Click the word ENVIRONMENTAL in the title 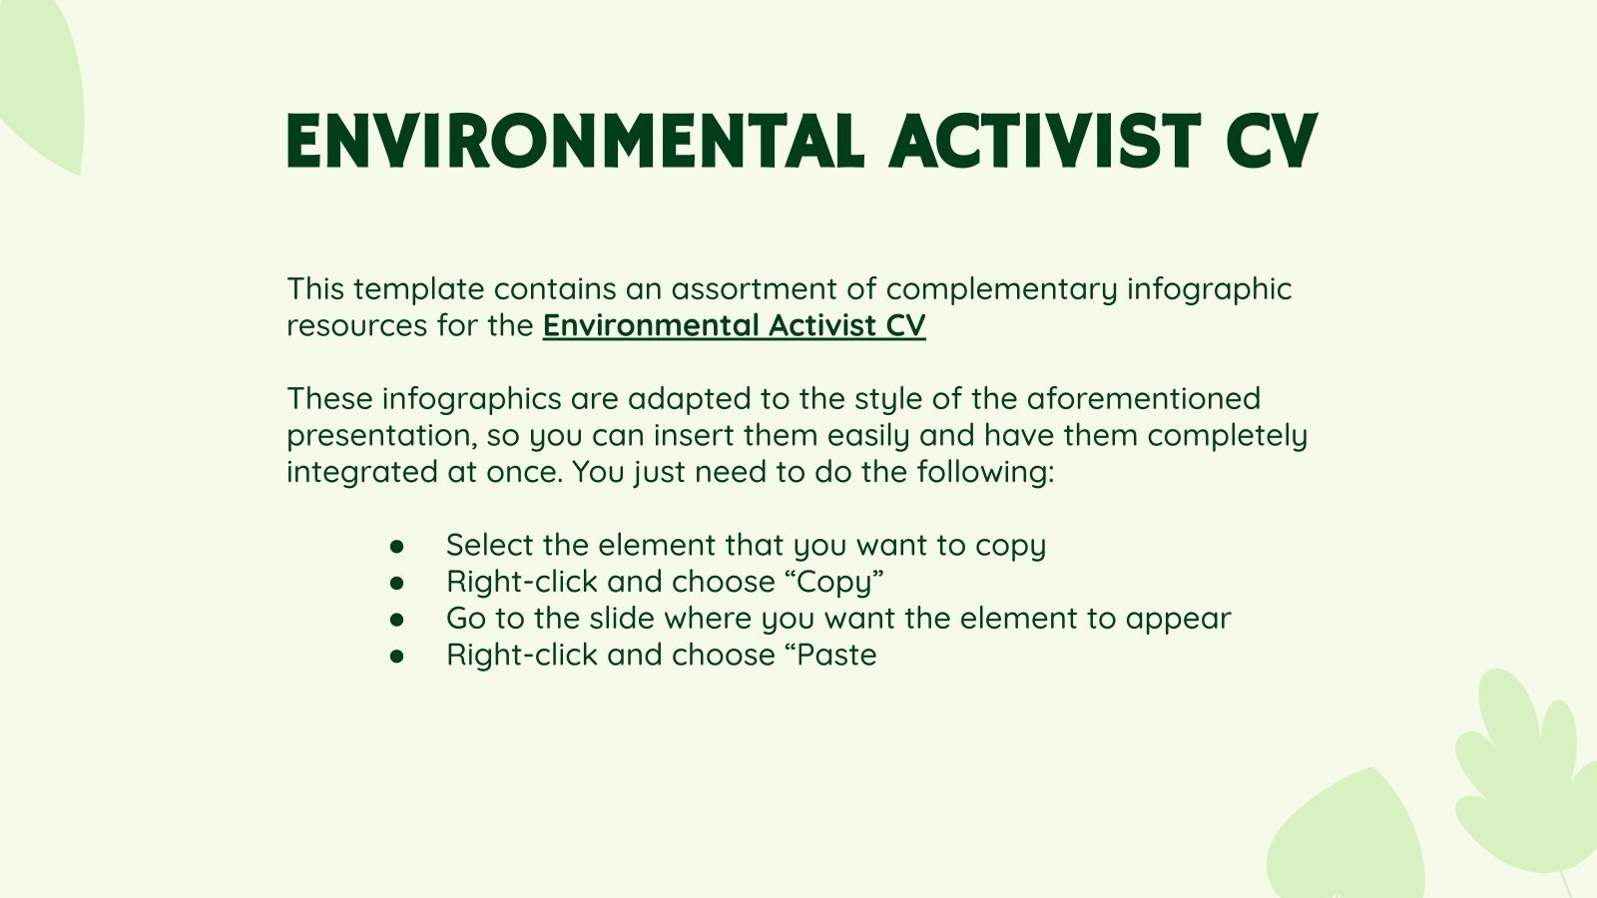(575, 141)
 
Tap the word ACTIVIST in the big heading (1044, 141)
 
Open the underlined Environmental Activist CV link (734, 325)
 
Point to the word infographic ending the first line (1209, 288)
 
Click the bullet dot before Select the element (397, 546)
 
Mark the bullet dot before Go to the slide (397, 619)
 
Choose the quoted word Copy (834, 582)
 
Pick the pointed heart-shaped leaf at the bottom (1347, 843)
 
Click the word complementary (1001, 288)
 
